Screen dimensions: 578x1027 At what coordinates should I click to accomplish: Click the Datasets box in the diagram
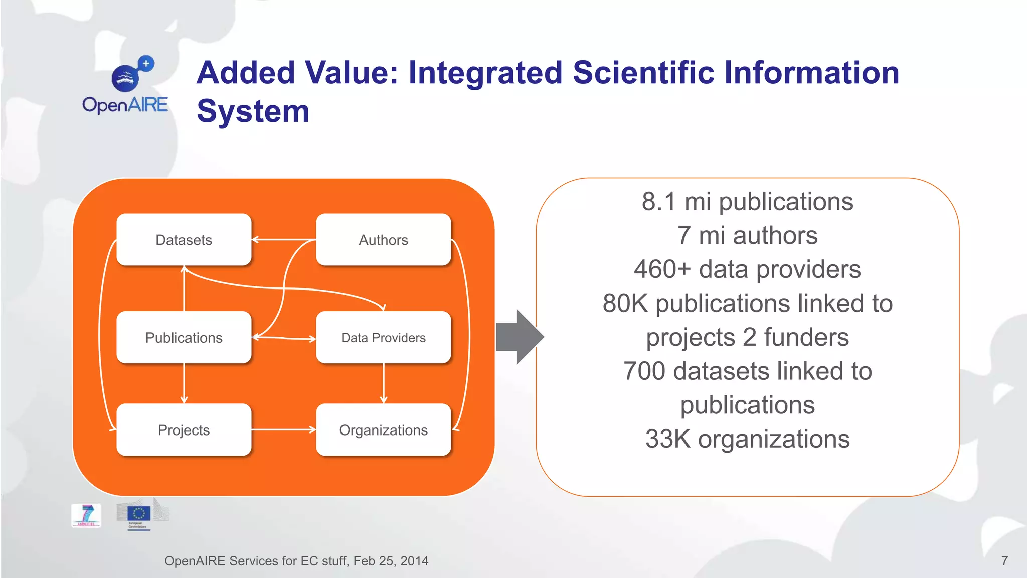[184, 240]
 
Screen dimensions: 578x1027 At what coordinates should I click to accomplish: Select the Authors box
[383, 240]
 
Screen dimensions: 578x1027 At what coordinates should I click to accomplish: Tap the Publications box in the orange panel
[184, 338]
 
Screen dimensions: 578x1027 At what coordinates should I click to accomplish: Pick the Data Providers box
[383, 338]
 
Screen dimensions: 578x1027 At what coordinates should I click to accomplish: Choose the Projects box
[184, 430]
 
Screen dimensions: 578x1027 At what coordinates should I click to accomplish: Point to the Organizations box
[383, 430]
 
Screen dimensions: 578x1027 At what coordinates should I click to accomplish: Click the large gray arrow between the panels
[520, 337]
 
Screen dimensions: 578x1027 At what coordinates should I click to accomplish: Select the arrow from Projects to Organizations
[283, 429]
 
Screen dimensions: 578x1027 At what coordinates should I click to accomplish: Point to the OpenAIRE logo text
[125, 105]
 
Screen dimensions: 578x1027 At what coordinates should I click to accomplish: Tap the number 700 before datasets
[644, 371]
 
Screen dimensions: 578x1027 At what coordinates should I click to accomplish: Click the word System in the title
[253, 111]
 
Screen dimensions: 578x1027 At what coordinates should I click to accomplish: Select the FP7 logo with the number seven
[86, 515]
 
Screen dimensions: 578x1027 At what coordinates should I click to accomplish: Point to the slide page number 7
[1004, 561]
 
